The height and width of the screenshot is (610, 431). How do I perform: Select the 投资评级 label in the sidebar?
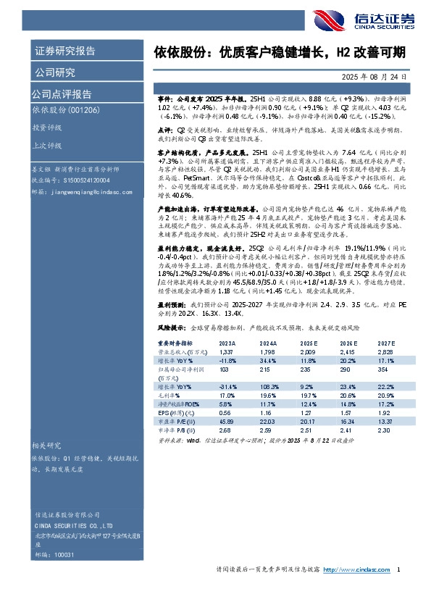(46, 126)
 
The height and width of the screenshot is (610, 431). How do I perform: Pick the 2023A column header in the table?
(227, 362)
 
